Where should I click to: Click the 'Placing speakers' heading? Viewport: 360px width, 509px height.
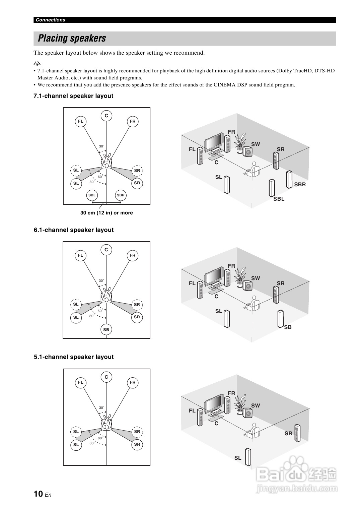(72, 39)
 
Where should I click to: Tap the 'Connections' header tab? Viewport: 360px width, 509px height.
(51, 20)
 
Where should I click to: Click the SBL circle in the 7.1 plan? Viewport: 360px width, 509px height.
(92, 195)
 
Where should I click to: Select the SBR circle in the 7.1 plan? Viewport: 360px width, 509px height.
(121, 195)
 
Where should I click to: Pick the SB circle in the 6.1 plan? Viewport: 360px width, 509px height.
(106, 329)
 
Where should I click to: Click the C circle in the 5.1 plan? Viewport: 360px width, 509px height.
(106, 377)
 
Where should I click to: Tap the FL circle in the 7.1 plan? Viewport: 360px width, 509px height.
(80, 121)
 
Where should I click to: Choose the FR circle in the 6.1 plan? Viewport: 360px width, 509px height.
(133, 255)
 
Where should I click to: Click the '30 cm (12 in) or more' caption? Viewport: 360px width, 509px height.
(106, 213)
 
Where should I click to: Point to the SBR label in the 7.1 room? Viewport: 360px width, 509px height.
(300, 184)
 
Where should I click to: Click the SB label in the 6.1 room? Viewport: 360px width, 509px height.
(288, 327)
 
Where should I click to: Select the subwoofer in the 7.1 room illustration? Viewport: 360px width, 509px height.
(248, 152)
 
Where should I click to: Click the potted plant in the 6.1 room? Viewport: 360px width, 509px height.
(240, 277)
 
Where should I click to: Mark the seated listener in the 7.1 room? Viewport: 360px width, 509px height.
(253, 170)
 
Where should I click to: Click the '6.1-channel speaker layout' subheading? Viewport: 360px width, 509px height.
(74, 230)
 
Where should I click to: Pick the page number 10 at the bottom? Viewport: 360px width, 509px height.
(38, 494)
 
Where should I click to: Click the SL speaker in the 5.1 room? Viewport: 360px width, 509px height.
(248, 457)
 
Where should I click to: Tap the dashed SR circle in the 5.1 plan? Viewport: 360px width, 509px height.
(137, 432)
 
